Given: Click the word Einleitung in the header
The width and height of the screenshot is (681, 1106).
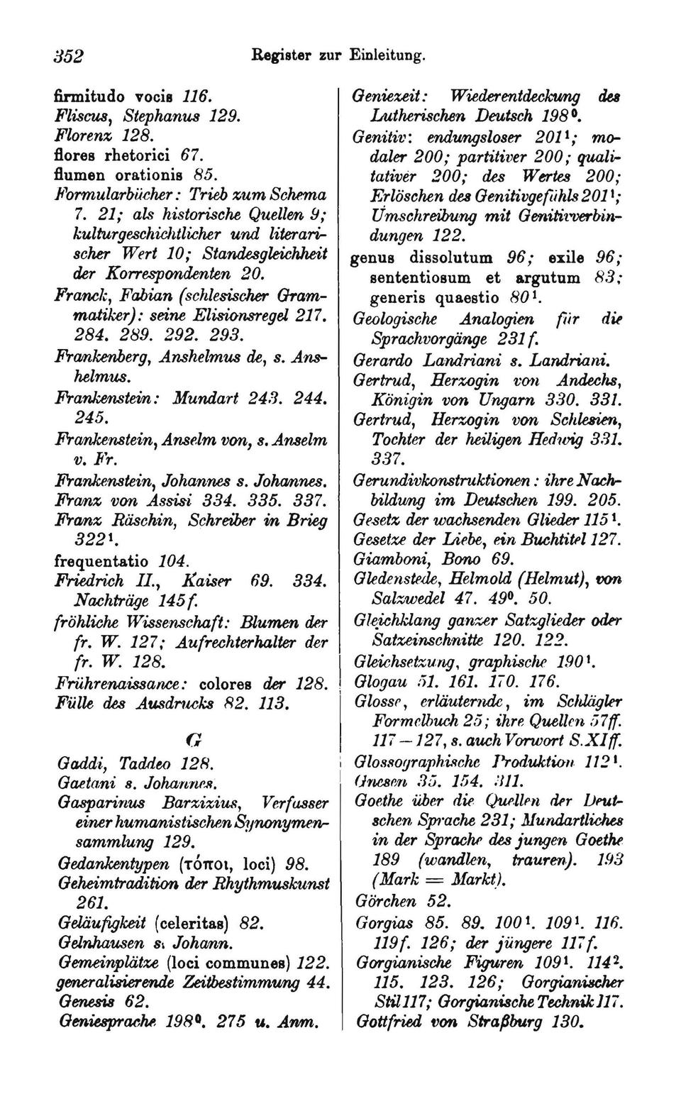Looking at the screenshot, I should point(387,54).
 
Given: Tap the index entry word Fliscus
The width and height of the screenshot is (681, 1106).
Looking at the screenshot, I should point(80,115).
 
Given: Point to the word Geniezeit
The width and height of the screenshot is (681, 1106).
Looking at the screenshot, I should point(390,96).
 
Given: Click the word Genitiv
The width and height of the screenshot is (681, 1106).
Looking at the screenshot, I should point(380,136).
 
